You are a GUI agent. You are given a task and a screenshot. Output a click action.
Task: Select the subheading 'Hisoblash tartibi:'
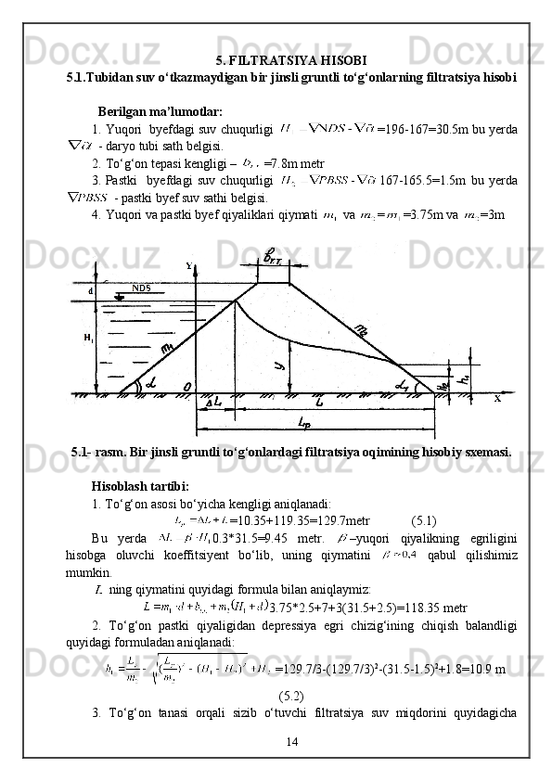[140, 486]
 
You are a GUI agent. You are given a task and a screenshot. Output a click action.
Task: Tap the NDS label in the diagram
[141, 288]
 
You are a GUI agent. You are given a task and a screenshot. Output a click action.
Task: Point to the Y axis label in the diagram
[188, 266]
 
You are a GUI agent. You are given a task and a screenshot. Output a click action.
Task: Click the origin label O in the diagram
[189, 386]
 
